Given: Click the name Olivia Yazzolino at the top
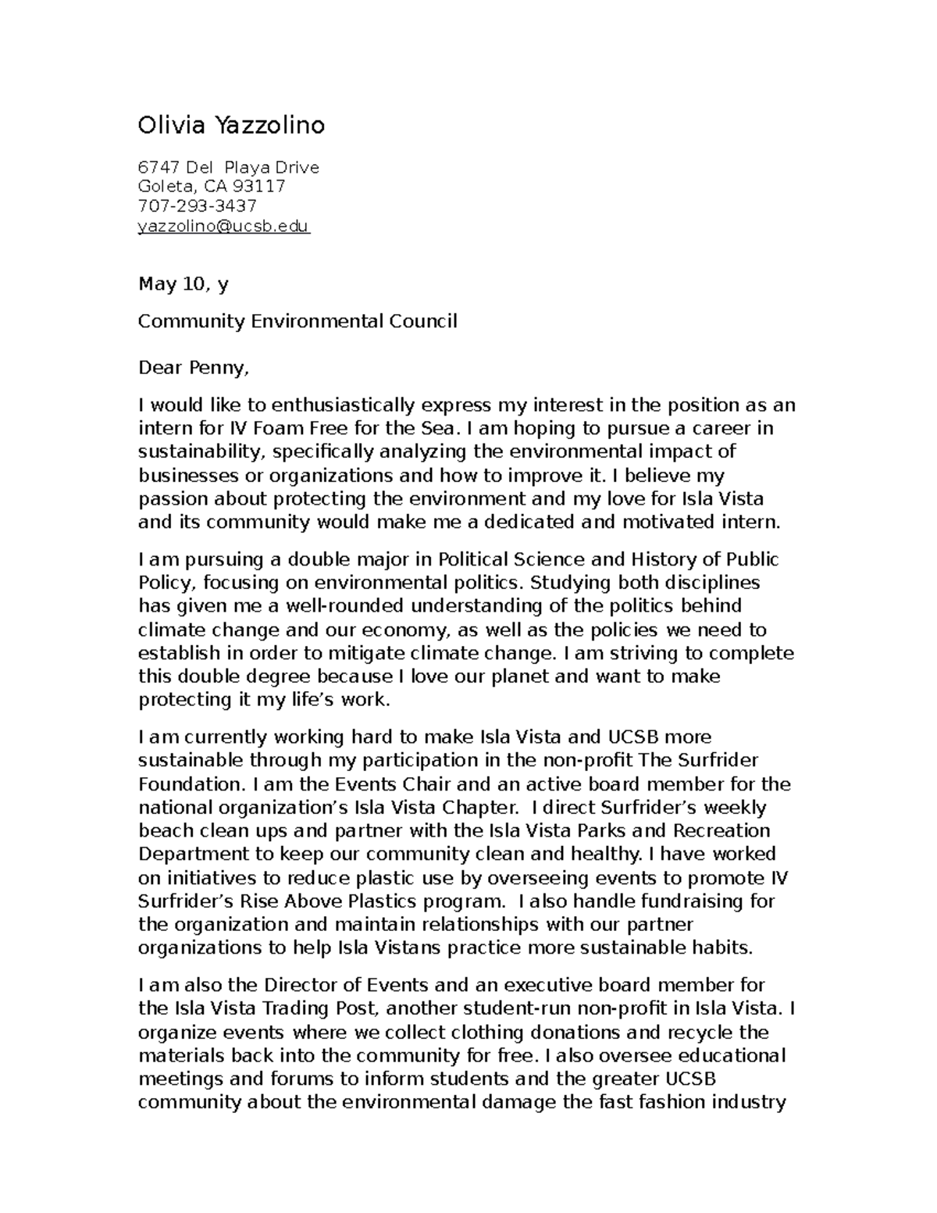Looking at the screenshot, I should click(x=231, y=125).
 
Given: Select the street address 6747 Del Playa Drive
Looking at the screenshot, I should click(x=228, y=167).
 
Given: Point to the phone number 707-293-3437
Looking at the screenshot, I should click(x=197, y=205).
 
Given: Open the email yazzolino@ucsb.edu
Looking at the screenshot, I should click(x=223, y=227).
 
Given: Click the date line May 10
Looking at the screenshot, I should click(x=183, y=284).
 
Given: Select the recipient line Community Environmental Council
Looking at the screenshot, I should click(x=297, y=321).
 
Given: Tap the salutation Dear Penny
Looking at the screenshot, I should click(x=195, y=367).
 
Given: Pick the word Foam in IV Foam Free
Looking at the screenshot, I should click(x=278, y=428).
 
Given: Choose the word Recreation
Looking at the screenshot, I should click(x=721, y=830).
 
